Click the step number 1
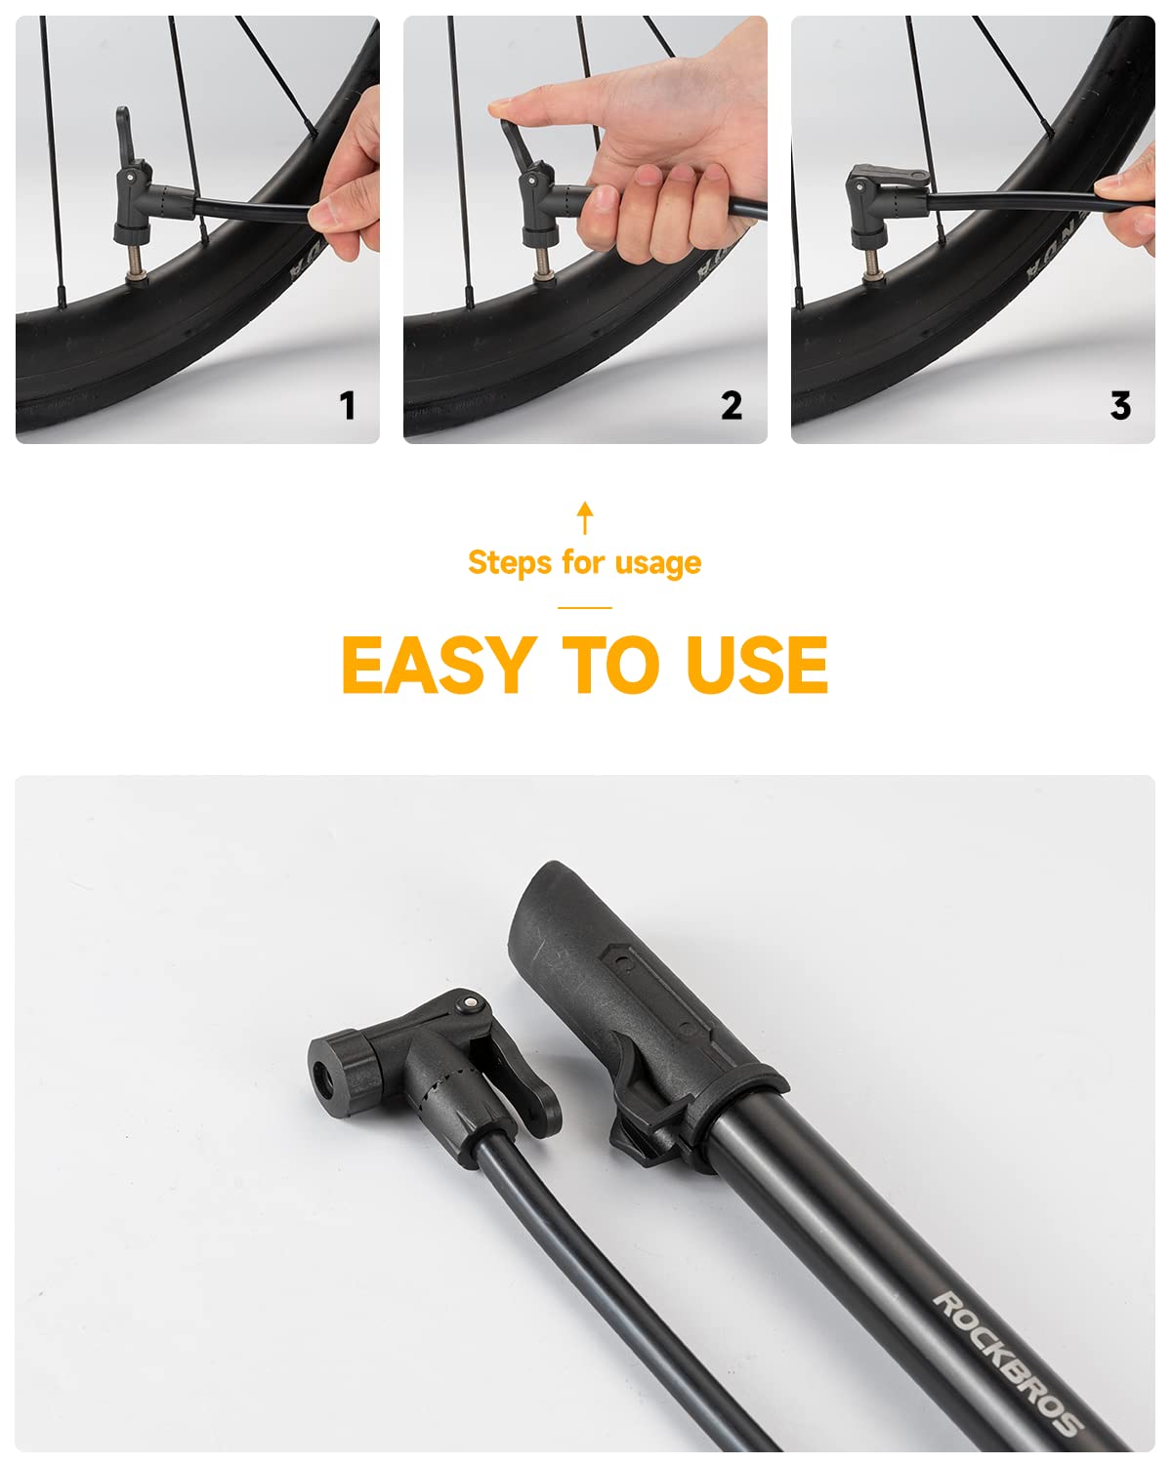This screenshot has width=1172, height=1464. point(348,405)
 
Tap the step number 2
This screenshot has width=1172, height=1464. point(732,405)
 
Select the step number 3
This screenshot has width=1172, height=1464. point(1120,405)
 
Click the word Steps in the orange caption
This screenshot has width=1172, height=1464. point(510,563)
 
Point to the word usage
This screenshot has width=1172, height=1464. point(658,565)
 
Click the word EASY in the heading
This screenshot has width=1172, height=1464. point(439,665)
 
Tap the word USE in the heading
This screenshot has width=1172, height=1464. point(757,665)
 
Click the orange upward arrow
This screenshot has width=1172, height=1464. point(585,517)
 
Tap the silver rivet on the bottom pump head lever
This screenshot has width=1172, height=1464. point(469,1002)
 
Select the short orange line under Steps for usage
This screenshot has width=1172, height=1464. point(585,607)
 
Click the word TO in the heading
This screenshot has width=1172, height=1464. point(610,665)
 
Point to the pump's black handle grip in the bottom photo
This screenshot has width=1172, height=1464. point(633,983)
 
